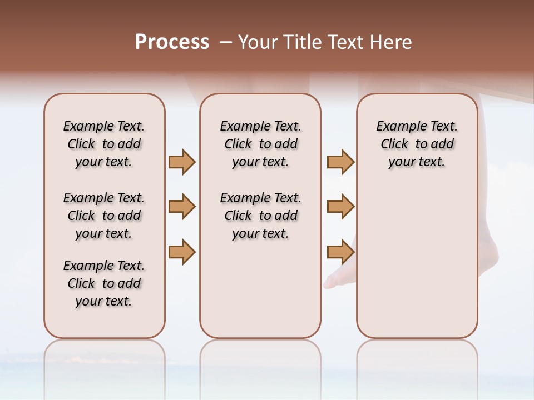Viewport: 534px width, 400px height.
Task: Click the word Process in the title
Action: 172,42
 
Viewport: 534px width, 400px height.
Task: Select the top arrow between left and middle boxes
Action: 182,162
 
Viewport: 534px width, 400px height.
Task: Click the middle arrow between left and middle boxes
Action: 182,207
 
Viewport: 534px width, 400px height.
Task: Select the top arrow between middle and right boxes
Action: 340,162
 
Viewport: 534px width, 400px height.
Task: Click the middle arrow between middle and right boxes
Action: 340,207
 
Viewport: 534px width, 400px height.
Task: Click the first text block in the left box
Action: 104,144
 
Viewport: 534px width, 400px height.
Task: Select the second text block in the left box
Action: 104,216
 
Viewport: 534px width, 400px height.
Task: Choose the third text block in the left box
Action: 104,283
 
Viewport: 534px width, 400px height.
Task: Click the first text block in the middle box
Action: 260,144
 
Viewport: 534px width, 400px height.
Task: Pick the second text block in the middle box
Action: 260,216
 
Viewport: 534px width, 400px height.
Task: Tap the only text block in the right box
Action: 417,144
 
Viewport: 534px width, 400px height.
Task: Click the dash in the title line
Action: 225,42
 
